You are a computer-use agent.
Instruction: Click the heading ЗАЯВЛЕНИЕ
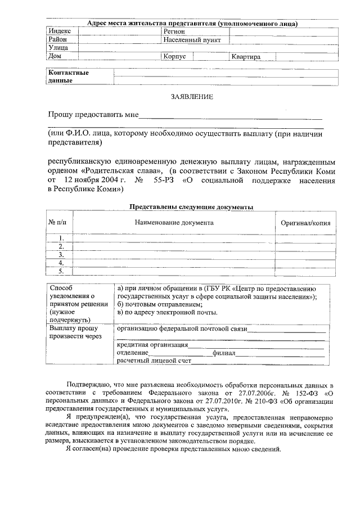tap(192, 97)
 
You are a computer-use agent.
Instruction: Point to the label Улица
tap(58, 48)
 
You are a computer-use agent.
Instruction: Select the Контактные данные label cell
tap(69, 76)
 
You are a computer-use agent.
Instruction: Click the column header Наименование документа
tap(174, 223)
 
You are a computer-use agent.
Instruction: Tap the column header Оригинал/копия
tap(305, 223)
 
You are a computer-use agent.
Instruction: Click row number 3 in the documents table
tap(61, 255)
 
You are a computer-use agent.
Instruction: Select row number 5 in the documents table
tap(61, 271)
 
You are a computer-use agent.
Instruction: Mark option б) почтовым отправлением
tap(156, 304)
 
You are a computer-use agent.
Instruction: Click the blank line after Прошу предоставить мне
tap(231, 118)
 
